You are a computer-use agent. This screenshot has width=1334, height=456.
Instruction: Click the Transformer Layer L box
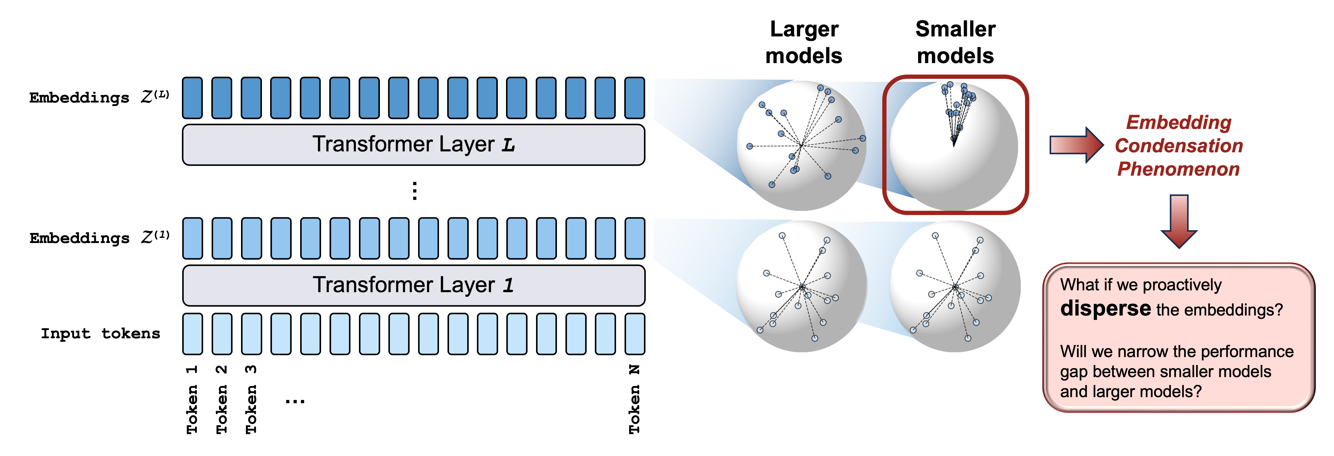tap(413, 145)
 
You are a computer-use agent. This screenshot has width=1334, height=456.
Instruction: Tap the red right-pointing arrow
tap(1076, 145)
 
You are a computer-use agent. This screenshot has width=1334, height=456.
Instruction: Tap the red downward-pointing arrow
tap(1179, 221)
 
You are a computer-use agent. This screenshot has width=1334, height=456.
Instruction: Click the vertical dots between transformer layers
tap(414, 191)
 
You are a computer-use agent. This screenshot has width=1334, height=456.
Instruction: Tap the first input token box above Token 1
tap(192, 334)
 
